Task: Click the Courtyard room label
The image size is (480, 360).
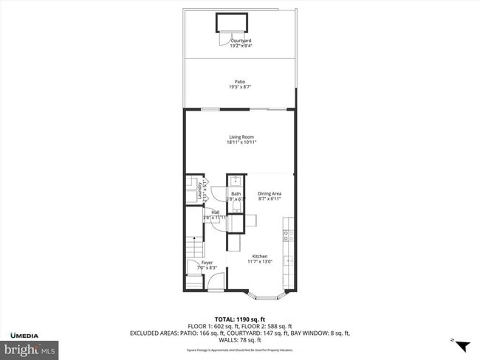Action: tap(239, 41)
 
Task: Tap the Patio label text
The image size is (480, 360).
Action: tap(239, 82)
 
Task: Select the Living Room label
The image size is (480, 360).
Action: tap(239, 137)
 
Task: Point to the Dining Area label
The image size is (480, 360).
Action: tap(270, 194)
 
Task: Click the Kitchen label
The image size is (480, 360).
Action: tap(259, 256)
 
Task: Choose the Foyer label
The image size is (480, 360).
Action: tap(207, 262)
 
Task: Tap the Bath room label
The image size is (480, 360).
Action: tap(236, 194)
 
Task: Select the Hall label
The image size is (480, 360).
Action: tap(215, 212)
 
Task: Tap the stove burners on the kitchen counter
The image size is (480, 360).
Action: tap(289, 236)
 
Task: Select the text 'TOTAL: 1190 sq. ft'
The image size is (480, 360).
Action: tap(239, 318)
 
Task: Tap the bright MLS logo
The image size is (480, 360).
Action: tap(30, 348)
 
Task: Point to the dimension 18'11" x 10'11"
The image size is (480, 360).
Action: tap(239, 143)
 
